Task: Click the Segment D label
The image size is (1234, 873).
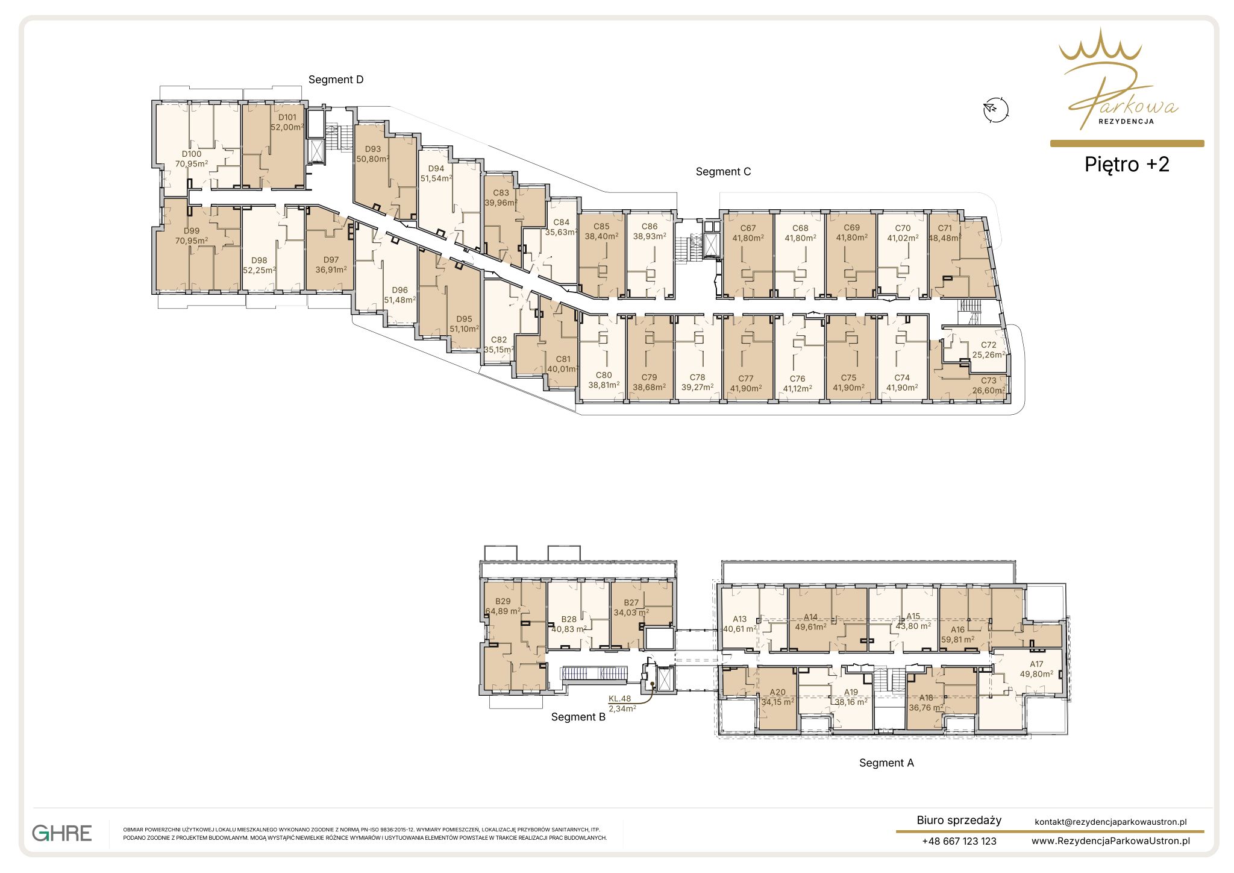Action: [x=336, y=80]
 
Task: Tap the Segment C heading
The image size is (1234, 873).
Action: [x=723, y=172]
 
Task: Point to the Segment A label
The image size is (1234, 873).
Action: [x=886, y=763]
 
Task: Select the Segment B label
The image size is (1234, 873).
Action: [x=578, y=717]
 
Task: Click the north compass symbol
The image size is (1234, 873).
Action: [x=995, y=110]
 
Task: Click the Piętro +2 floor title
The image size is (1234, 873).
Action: [x=1127, y=165]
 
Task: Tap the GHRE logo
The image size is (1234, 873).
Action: [x=62, y=833]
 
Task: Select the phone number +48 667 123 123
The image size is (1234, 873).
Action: [x=959, y=841]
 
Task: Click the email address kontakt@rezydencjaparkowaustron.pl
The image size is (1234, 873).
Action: [x=1110, y=822]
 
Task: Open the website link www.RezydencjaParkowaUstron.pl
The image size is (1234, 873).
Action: [x=1110, y=841]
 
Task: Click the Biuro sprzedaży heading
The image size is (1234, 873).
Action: [x=959, y=821]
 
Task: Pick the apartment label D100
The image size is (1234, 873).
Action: [x=192, y=154]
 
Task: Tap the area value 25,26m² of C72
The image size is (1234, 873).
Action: [x=989, y=355]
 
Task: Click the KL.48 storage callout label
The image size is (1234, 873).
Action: [x=619, y=699]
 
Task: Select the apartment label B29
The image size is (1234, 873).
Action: [x=503, y=601]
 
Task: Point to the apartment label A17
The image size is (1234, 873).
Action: [x=1036, y=664]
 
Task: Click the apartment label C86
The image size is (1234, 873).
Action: [x=650, y=227]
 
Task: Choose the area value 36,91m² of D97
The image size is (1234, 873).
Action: [x=331, y=269]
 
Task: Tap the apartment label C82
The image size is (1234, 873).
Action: [x=499, y=339]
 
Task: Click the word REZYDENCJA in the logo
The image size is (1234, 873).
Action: [x=1126, y=121]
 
